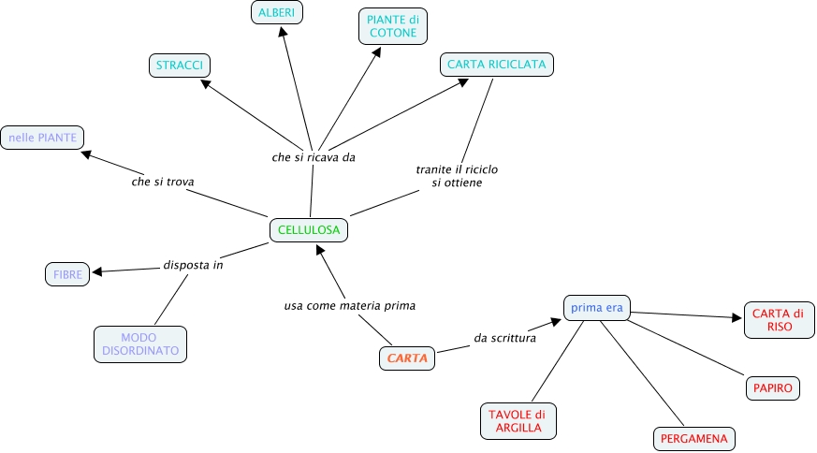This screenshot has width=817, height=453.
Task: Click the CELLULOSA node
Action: pos(309,229)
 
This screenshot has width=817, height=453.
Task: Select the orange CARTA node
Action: pos(407,358)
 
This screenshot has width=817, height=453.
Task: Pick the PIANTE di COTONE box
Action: pos(393,25)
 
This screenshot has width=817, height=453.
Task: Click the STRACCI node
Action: pos(180,66)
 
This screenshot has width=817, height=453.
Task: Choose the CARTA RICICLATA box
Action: pos(497,64)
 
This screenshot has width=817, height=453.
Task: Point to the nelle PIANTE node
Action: pos(42,138)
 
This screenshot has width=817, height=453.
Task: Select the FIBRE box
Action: pos(67,274)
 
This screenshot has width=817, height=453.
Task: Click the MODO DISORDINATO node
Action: pos(140,343)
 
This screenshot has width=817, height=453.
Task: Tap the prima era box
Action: pos(597,307)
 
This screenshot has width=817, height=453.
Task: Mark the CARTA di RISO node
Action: pos(780,320)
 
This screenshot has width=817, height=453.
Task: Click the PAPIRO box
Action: pos(773,387)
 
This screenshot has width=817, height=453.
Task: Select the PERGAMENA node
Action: pos(693,438)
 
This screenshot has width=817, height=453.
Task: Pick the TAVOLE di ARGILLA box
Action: pos(518,421)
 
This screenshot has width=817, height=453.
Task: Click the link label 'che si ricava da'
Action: pos(314,157)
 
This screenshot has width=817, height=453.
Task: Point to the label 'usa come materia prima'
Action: pos(349,305)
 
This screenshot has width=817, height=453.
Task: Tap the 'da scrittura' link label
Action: pos(504,338)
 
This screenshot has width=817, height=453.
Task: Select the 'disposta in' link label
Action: pos(193,264)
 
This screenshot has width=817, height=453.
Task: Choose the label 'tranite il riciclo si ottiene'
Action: pos(457,176)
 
